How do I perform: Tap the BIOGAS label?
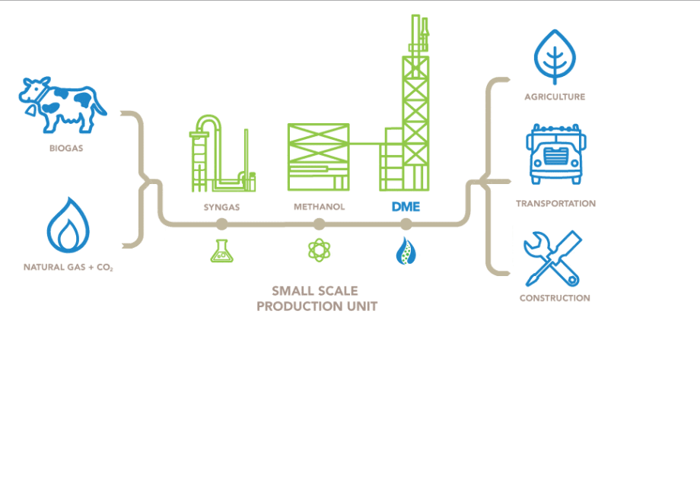pyautogui.click(x=66, y=148)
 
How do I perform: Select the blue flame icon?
pyautogui.click(x=68, y=225)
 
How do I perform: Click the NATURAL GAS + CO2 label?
pyautogui.click(x=68, y=268)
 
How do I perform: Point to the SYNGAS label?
pyautogui.click(x=221, y=207)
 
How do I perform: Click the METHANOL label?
pyautogui.click(x=319, y=207)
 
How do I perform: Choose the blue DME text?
pyautogui.click(x=406, y=206)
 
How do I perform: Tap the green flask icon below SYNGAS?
pyautogui.click(x=221, y=251)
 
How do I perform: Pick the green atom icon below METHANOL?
pyautogui.click(x=319, y=250)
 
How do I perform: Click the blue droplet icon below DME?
pyautogui.click(x=405, y=250)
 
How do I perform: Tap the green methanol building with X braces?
pyautogui.click(x=318, y=157)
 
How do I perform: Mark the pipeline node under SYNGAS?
pyautogui.click(x=221, y=224)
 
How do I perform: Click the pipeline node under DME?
pyautogui.click(x=406, y=224)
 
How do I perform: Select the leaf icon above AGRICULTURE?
pyautogui.click(x=555, y=55)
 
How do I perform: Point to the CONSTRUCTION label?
pyautogui.click(x=555, y=298)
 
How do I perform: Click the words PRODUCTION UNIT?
pyautogui.click(x=317, y=306)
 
